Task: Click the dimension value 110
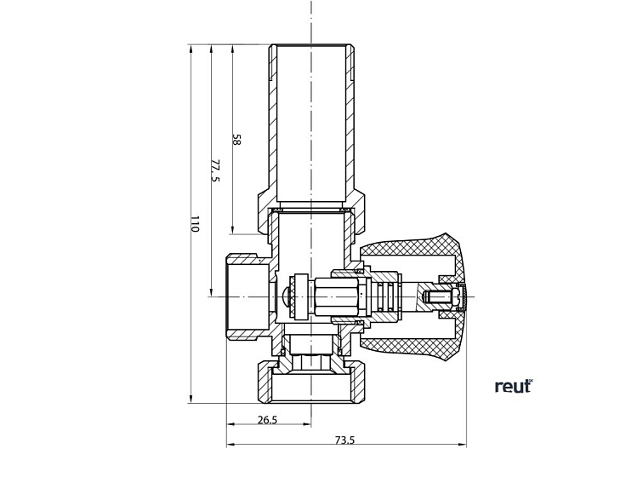[x=194, y=224]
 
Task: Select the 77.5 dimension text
[x=215, y=170]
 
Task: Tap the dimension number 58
[x=236, y=140]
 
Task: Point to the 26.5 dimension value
[x=267, y=419]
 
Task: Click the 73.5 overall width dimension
[x=344, y=440]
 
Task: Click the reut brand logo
[x=513, y=386]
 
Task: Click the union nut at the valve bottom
[x=311, y=382]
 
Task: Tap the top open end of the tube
[x=311, y=47]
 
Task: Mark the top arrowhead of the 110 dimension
[x=191, y=49]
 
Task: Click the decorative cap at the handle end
[x=464, y=296]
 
